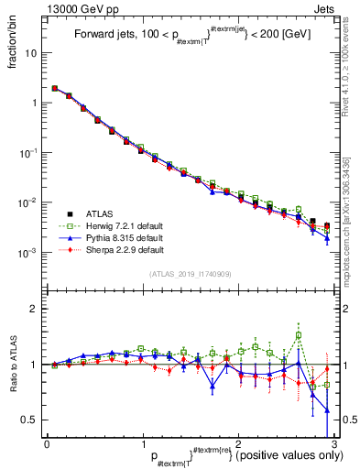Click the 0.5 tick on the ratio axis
33,420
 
